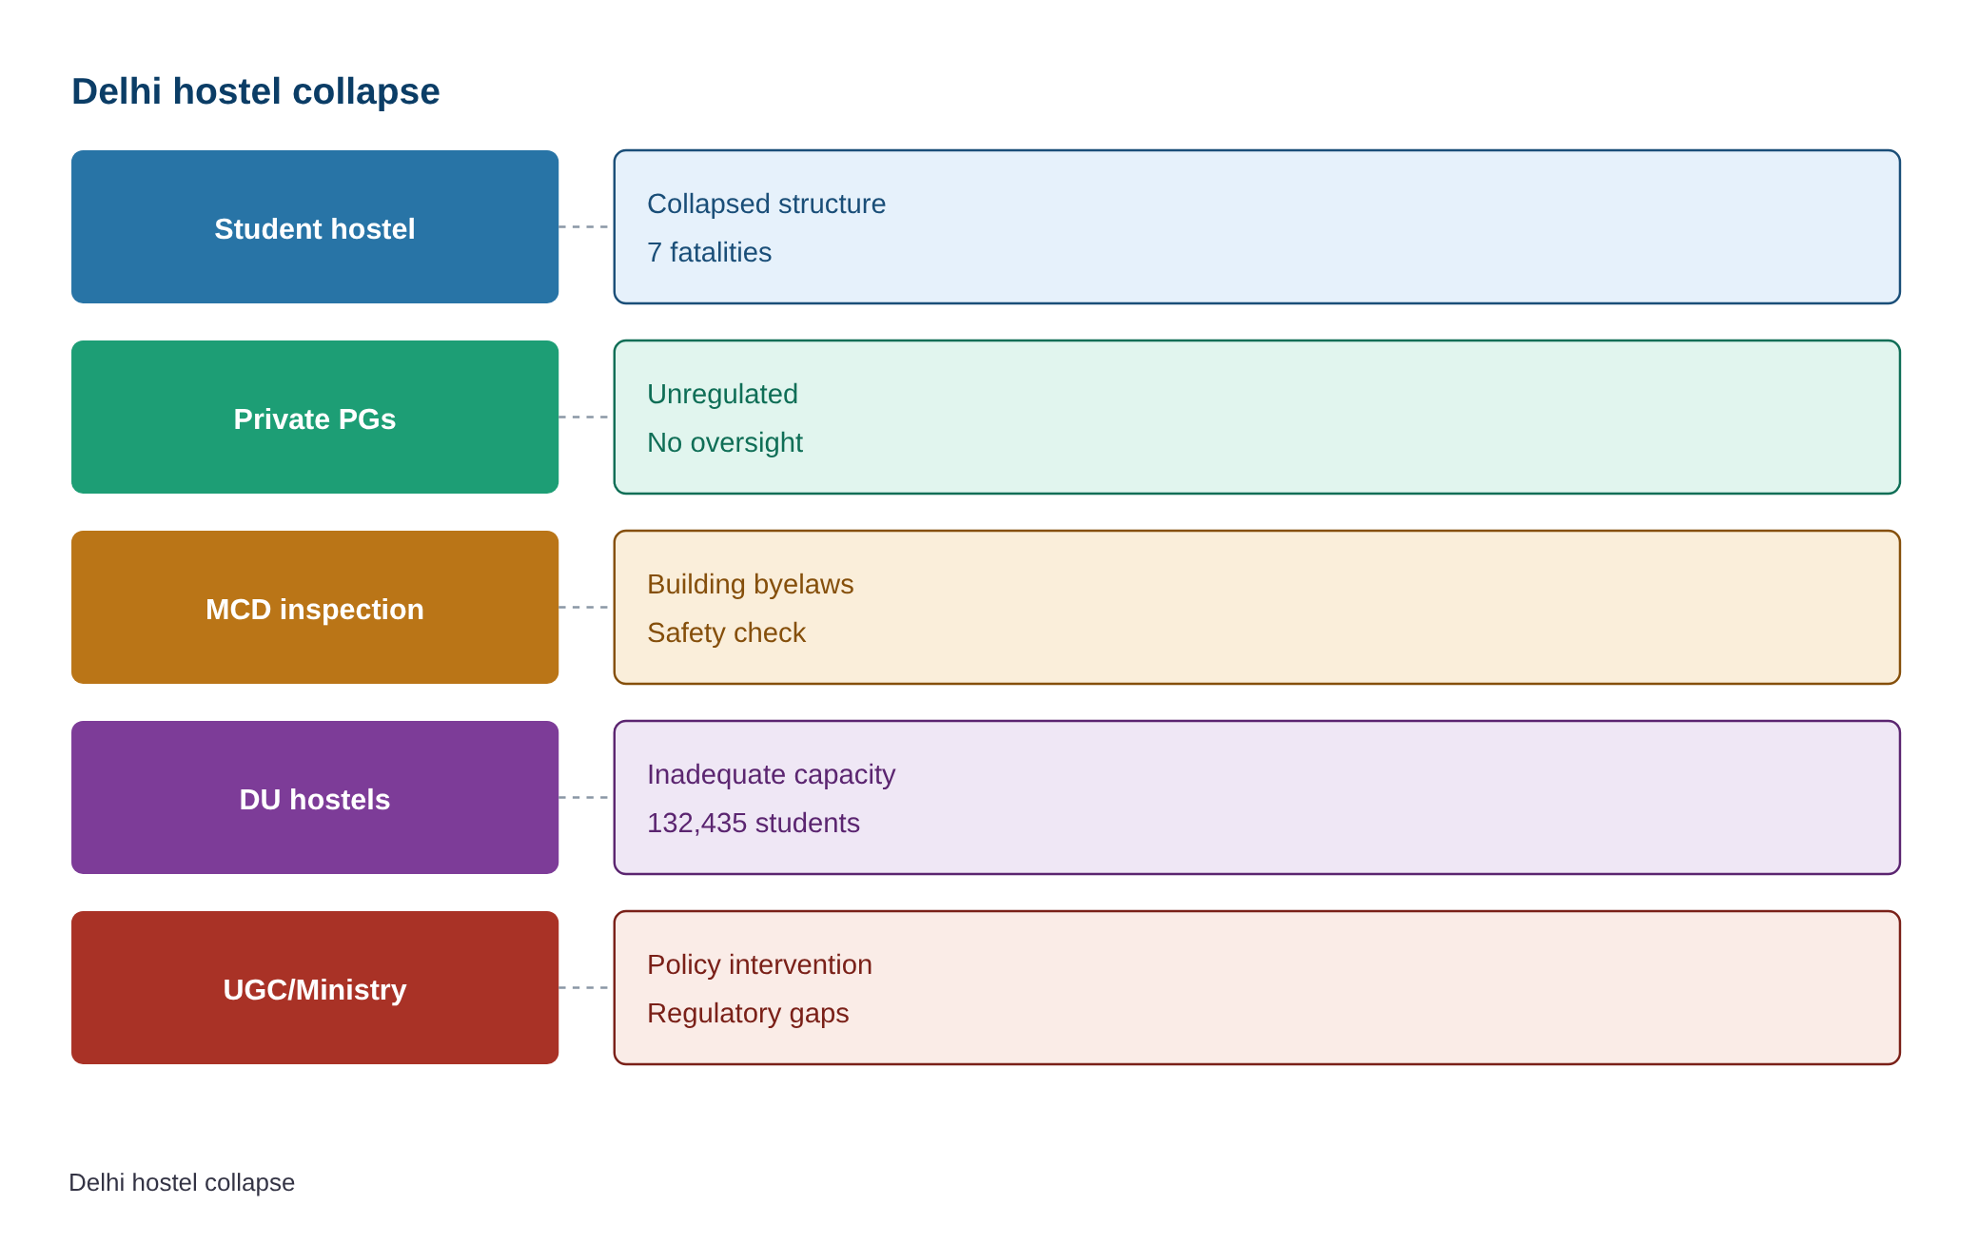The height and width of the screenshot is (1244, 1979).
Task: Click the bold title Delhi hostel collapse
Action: tap(255, 91)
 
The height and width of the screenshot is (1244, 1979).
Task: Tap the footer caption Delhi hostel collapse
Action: tap(182, 1182)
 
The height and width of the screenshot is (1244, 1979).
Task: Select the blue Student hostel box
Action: tap(315, 226)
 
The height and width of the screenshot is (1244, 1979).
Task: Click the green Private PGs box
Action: tap(315, 417)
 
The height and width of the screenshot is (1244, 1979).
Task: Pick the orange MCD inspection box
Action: tap(315, 607)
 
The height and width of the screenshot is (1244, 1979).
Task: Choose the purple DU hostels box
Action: tap(315, 797)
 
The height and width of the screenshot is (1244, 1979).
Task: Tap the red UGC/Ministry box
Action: tap(315, 987)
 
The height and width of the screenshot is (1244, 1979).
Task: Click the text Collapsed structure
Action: tap(766, 204)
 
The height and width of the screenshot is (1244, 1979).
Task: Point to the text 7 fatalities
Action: tap(709, 252)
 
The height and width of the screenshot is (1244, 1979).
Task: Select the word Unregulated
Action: tap(722, 394)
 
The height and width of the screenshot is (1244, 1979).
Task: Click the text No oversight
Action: tap(725, 442)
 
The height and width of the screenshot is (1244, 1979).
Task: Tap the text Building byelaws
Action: tap(750, 584)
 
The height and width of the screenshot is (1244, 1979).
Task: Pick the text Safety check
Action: tap(726, 632)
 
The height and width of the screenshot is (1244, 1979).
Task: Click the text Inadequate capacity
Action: tap(771, 774)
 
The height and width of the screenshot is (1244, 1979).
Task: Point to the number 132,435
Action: tap(697, 823)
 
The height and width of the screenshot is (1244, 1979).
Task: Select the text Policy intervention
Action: tap(759, 964)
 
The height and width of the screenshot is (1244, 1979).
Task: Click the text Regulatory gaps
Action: tap(748, 1013)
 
